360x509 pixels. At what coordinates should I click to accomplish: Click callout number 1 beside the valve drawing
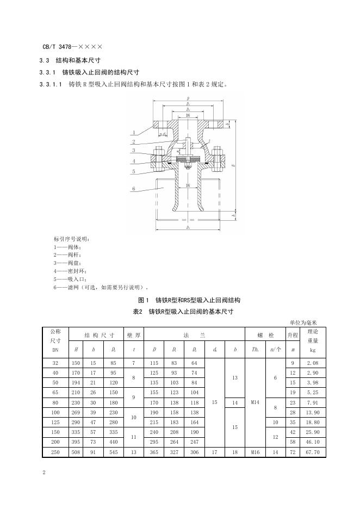tap(133, 132)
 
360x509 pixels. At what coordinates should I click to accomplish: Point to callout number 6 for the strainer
tap(133, 189)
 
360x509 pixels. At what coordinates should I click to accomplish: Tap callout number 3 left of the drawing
tap(133, 150)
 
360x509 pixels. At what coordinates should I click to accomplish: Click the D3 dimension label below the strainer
tap(188, 227)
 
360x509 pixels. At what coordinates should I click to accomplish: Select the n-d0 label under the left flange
tap(163, 133)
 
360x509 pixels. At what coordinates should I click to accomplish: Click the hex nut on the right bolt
tap(218, 151)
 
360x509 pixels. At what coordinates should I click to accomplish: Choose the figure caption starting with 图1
tap(189, 300)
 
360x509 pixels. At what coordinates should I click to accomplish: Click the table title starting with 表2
tap(183, 312)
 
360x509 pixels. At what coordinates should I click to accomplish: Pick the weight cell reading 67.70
tap(313, 452)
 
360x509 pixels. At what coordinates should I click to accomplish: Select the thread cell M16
tap(255, 452)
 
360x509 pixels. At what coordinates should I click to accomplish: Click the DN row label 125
tap(55, 422)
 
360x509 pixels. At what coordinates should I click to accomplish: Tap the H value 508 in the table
tap(76, 452)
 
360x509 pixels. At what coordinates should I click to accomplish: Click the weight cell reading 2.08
tap(313, 362)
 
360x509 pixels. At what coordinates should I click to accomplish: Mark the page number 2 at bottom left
tap(44, 473)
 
